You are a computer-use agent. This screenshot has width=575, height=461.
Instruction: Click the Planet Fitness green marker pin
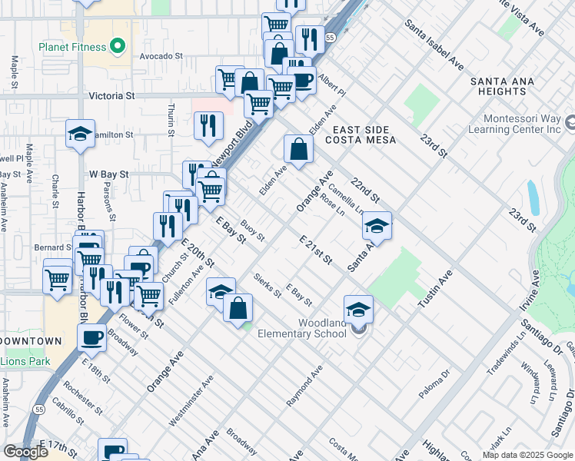coord(117,47)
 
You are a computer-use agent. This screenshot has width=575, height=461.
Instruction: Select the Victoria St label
coord(112,96)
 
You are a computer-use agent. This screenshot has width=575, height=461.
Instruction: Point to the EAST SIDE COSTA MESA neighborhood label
coord(361,134)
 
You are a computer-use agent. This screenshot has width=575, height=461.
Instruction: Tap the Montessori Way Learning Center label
coord(521,124)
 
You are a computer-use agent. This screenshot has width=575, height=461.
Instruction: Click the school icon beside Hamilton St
coord(80,134)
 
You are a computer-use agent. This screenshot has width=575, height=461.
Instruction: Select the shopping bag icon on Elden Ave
coord(298,149)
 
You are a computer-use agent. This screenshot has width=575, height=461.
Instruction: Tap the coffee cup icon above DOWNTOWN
coord(92,337)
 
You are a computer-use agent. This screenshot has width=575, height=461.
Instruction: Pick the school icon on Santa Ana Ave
coord(377,226)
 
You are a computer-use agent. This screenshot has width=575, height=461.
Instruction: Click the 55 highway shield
coord(330,37)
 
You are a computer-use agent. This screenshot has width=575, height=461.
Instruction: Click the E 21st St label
coord(315,250)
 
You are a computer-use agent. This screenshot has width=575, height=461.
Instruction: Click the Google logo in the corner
coord(26,451)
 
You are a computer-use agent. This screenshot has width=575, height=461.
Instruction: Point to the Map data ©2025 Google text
coord(527,455)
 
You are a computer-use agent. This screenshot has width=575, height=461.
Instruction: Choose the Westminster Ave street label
coord(191,400)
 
